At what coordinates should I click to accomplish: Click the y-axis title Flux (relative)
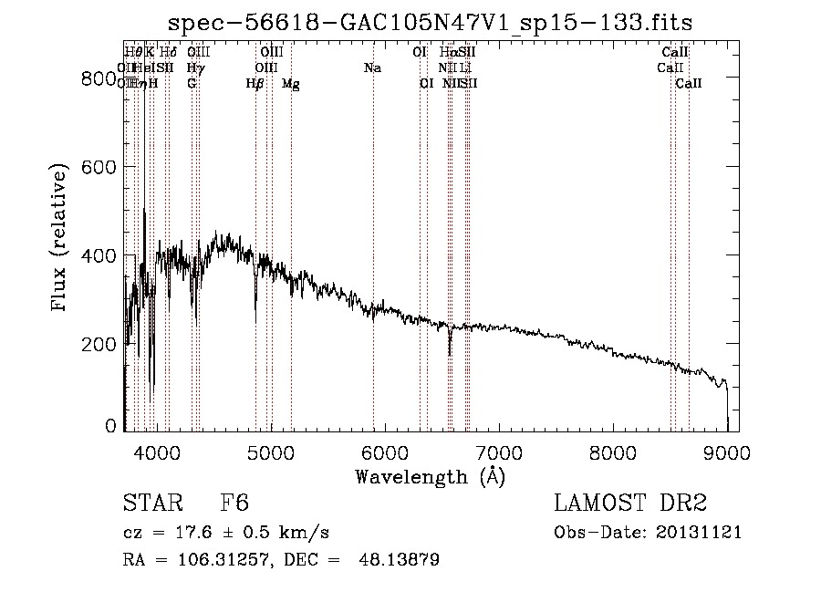point(61,238)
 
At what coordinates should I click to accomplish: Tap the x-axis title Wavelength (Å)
point(430,476)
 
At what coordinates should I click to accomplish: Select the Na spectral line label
point(372,68)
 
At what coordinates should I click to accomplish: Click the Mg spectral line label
point(290,84)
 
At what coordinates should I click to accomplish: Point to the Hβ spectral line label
point(255,84)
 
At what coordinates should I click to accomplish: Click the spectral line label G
point(192,84)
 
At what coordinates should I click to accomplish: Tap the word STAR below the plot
point(152,504)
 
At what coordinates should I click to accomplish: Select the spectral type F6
point(234,504)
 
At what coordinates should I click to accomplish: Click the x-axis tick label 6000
point(385,453)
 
